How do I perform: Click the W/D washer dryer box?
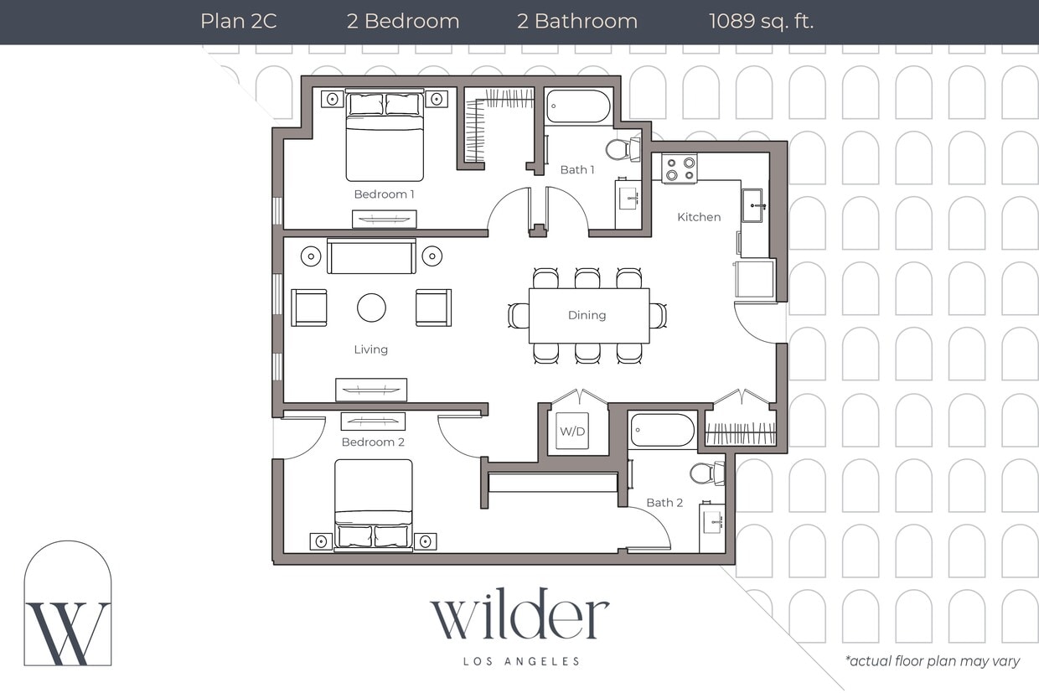[x=572, y=431]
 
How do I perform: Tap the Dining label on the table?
[x=587, y=315]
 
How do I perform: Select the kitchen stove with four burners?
[x=680, y=168]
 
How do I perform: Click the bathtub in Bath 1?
[x=578, y=106]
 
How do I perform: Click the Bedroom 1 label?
[x=384, y=194]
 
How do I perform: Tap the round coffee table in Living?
[x=371, y=308]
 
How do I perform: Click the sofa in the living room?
[x=371, y=256]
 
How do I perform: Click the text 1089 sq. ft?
[x=761, y=22]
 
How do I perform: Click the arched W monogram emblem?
[x=68, y=605]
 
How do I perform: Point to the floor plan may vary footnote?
[x=932, y=661]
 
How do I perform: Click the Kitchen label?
[x=699, y=217]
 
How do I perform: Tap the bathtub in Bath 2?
[x=662, y=430]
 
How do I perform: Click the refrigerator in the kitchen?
[x=755, y=279]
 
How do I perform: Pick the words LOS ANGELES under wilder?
[x=521, y=661]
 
